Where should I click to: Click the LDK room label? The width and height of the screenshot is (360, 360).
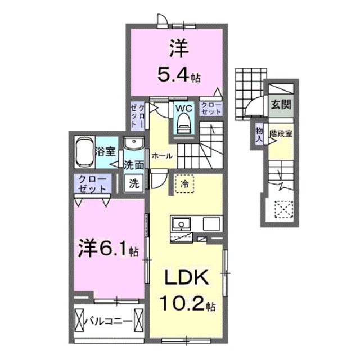(188, 278)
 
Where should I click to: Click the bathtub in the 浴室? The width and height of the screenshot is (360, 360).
(84, 152)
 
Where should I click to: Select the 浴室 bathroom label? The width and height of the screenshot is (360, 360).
(106, 151)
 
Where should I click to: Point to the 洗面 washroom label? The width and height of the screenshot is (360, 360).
(134, 165)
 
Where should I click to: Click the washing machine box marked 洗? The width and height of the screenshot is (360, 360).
(134, 183)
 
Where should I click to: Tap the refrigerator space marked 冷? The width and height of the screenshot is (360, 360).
(184, 183)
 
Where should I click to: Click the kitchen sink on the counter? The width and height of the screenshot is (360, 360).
(181, 224)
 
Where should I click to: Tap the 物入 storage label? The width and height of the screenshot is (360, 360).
(260, 133)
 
